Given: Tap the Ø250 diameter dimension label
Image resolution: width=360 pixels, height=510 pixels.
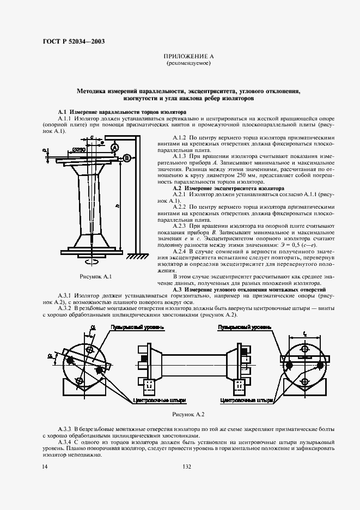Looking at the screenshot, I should coord(80,149).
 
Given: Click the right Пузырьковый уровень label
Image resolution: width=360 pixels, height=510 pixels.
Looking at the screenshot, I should coord(243,327).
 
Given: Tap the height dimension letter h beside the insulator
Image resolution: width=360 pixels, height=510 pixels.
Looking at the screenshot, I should coord(119,205).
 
